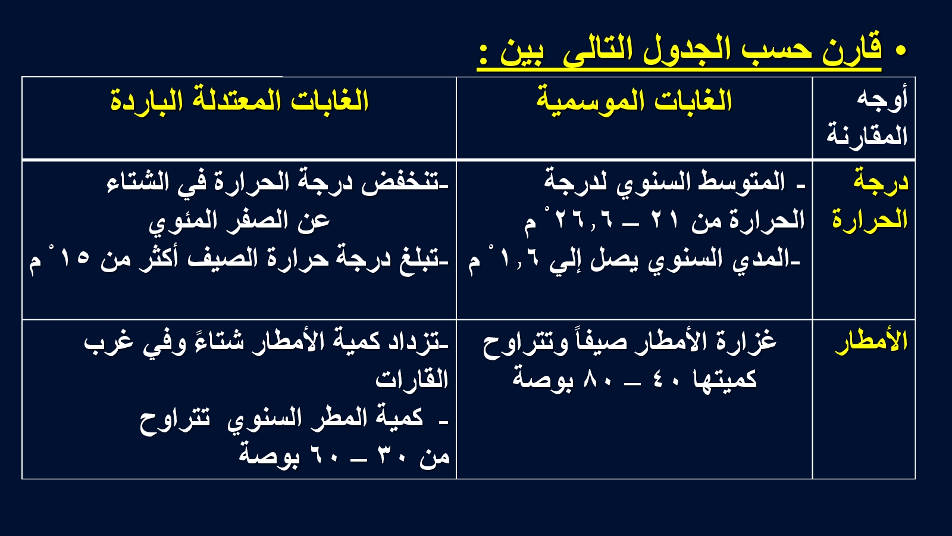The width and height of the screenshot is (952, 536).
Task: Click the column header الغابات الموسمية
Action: tap(634, 101)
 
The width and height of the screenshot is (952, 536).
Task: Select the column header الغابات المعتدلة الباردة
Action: tap(239, 101)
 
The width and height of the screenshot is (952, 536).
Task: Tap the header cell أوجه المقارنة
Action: tap(868, 118)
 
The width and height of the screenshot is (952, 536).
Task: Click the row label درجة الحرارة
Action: tap(870, 201)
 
